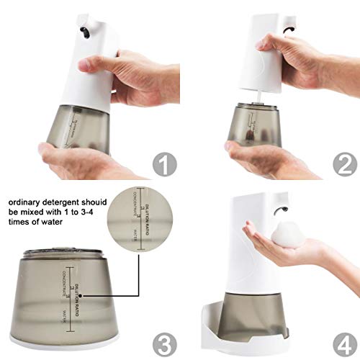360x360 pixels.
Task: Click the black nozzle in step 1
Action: click(84, 31)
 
